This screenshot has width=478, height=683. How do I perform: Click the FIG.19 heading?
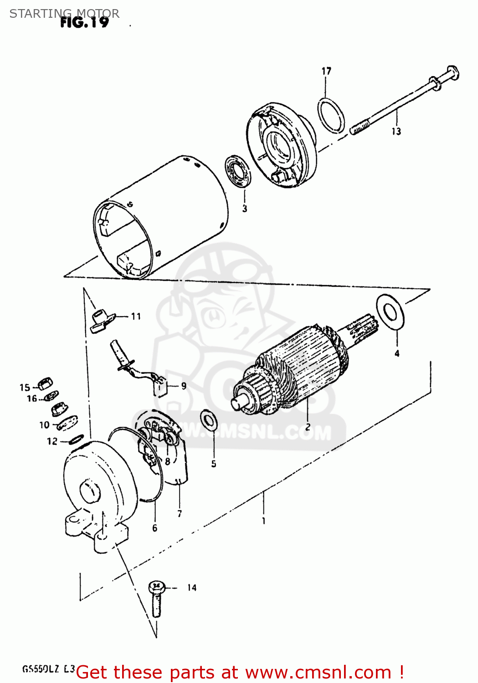tap(85, 22)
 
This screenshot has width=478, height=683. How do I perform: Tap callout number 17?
tap(326, 71)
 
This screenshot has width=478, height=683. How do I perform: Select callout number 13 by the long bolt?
tap(396, 132)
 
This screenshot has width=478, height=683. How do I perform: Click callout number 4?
tap(397, 353)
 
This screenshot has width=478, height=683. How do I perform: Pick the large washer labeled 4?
tap(390, 311)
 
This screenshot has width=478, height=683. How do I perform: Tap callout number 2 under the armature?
tap(308, 427)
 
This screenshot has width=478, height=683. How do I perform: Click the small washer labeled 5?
tap(209, 419)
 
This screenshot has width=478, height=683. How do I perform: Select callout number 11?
tap(136, 316)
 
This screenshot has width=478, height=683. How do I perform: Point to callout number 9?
tap(184, 386)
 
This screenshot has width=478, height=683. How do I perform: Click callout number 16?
tap(32, 399)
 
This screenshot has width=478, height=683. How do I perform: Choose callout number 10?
tap(44, 425)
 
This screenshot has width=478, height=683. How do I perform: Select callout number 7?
tap(180, 514)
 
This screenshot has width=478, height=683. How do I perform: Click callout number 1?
tap(264, 521)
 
